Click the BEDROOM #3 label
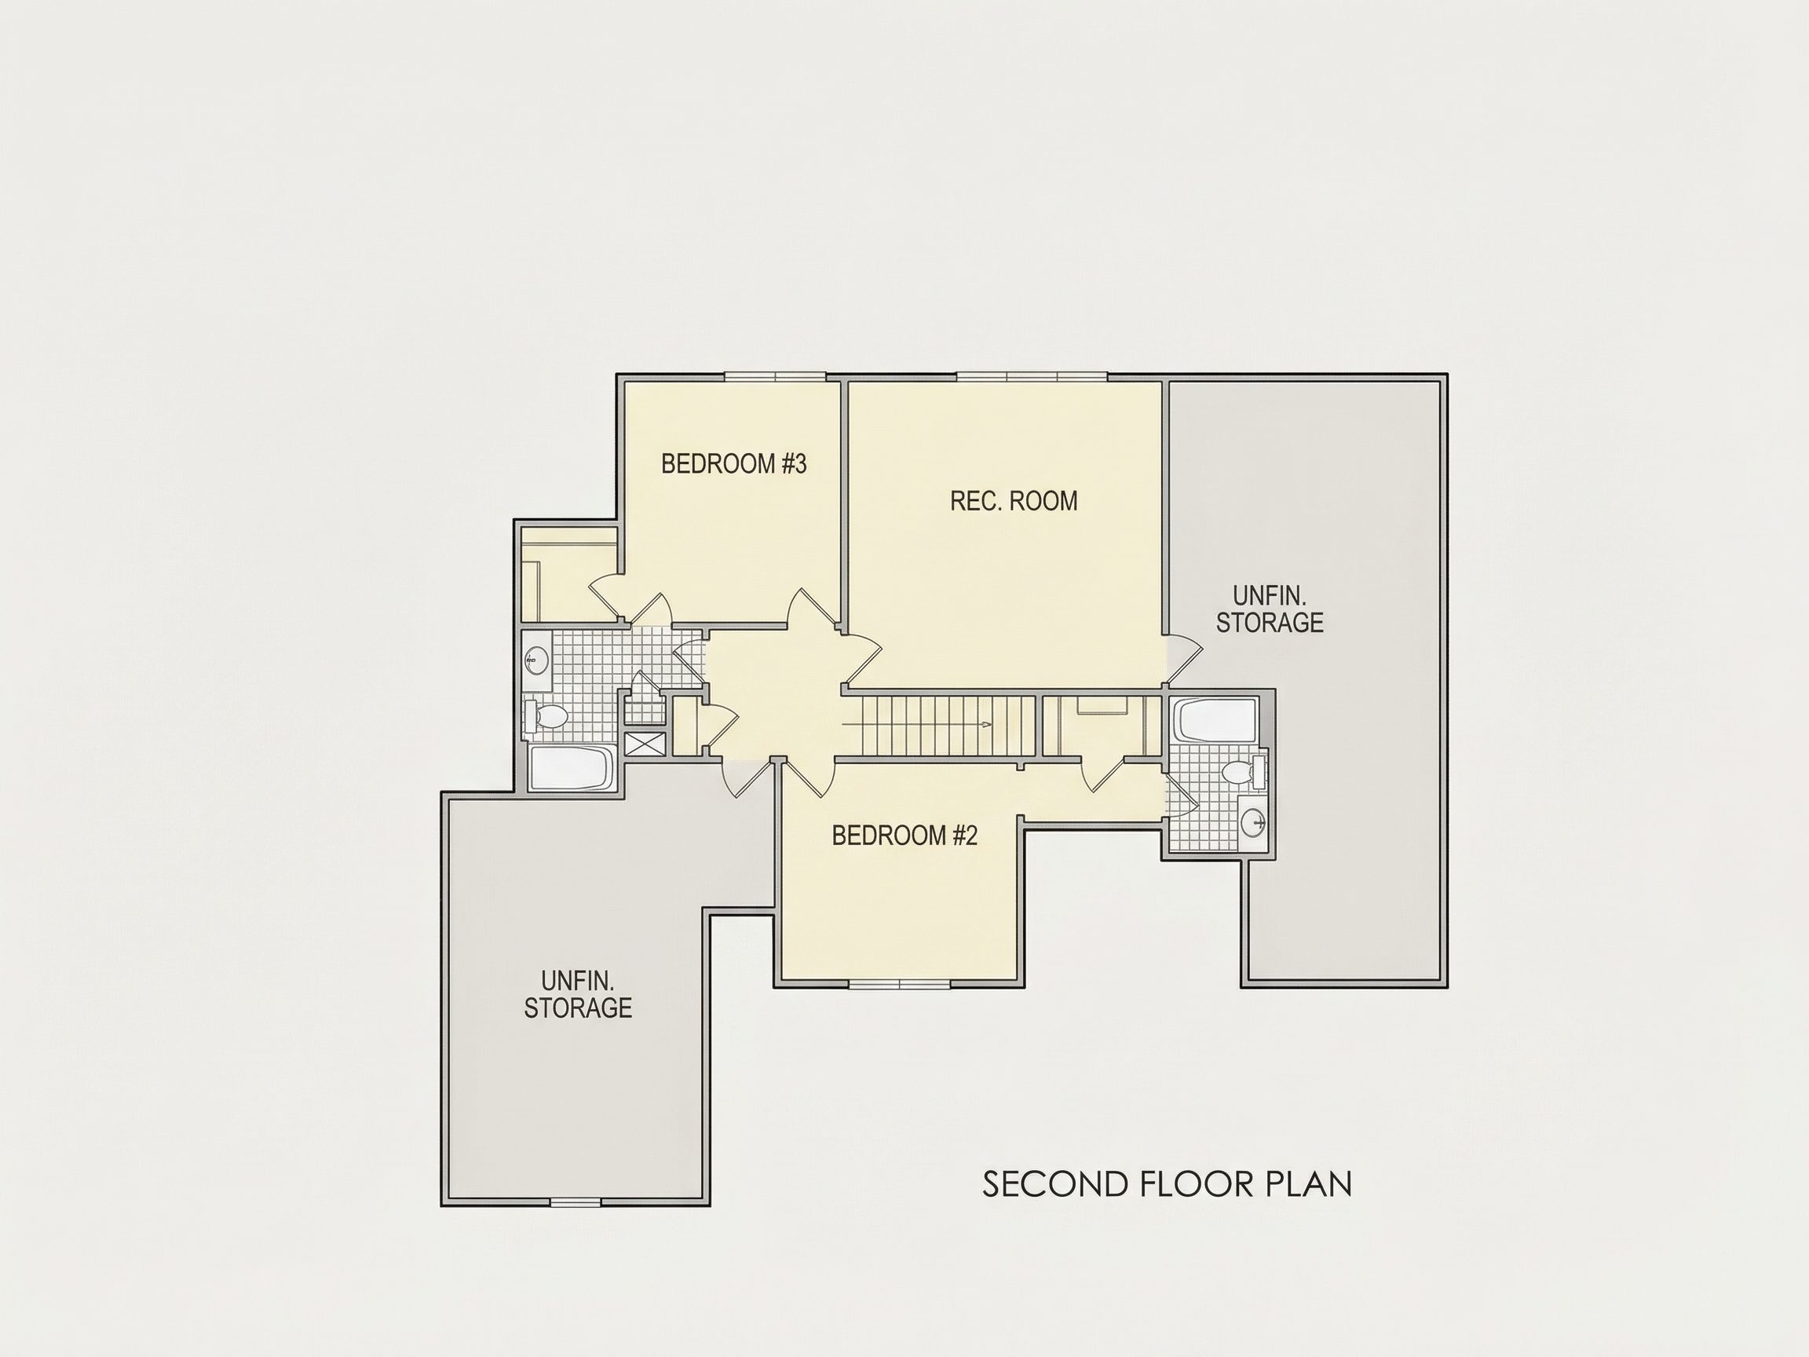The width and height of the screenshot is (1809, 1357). tap(733, 464)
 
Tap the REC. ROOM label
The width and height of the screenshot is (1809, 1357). tap(1014, 500)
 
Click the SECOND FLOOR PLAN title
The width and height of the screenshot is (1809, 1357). tap(1167, 1184)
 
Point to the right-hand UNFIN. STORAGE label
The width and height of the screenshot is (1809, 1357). tap(1270, 609)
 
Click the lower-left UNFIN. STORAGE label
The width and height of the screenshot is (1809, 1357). tap(577, 994)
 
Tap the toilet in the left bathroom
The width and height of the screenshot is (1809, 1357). tap(547, 716)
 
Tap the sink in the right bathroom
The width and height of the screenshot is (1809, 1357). tap(1254, 821)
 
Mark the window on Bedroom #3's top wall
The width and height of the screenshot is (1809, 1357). tap(775, 377)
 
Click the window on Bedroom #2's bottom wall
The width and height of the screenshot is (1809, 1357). tap(900, 984)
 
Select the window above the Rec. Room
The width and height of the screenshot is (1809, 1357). tap(1032, 377)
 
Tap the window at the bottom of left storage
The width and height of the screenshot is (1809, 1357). tap(575, 1202)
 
